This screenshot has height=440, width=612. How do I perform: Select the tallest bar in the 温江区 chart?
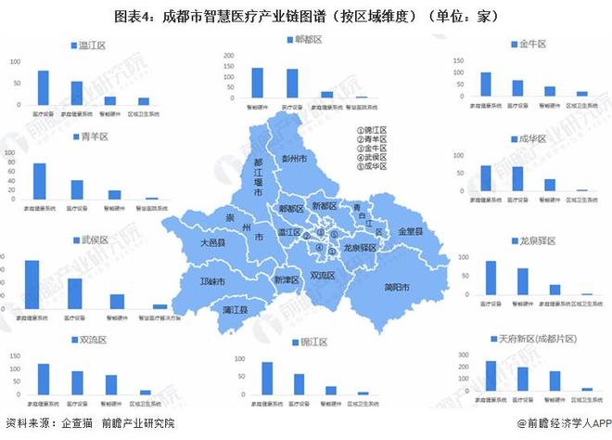coord(44,87)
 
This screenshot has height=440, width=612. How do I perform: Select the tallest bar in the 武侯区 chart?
coord(32,284)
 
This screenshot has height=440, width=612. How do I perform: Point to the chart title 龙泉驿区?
coord(537,240)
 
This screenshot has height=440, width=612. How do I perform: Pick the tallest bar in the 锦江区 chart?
coord(267,379)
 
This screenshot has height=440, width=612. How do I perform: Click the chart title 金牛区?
coord(532,44)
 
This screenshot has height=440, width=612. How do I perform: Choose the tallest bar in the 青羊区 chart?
coord(39,181)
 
